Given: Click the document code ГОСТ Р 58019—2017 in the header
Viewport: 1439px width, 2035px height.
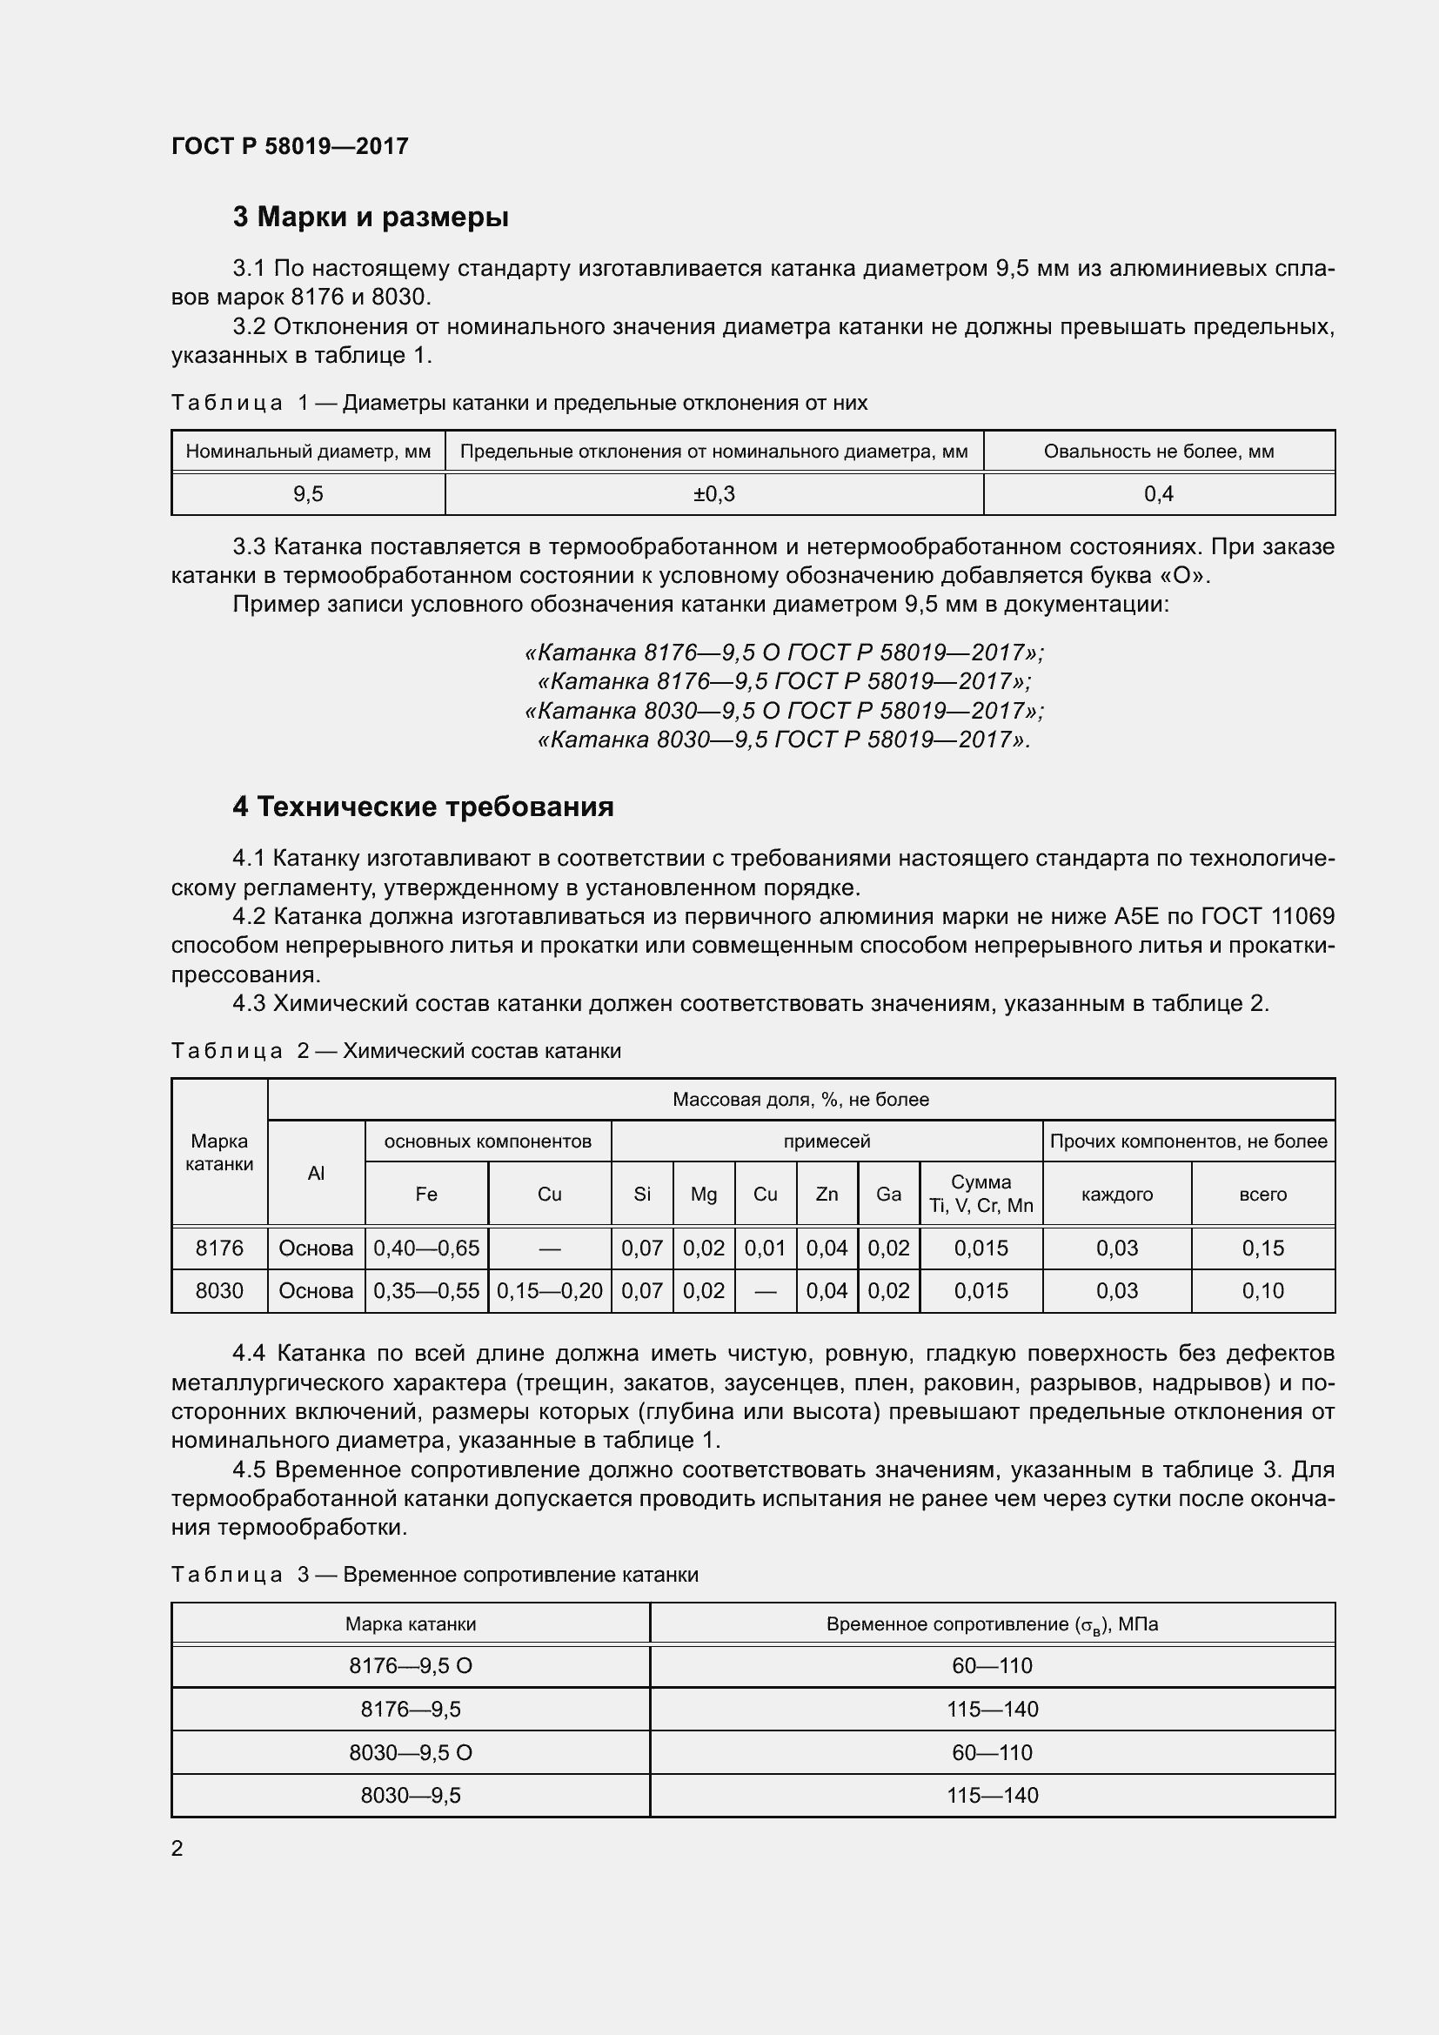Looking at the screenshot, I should pyautogui.click(x=290, y=146).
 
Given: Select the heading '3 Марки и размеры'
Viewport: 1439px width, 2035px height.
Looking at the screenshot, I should pyautogui.click(x=371, y=217).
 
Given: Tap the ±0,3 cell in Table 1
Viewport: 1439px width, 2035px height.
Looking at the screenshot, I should pyautogui.click(x=713, y=494).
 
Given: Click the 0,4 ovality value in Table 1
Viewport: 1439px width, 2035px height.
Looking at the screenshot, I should pyautogui.click(x=1158, y=494).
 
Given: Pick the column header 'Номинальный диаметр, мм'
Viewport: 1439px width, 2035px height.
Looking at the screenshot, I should pyautogui.click(x=307, y=452).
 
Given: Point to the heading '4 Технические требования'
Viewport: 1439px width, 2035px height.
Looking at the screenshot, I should pyautogui.click(x=423, y=807).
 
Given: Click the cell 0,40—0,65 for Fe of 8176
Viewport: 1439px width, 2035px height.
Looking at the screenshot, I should pyautogui.click(x=426, y=1248).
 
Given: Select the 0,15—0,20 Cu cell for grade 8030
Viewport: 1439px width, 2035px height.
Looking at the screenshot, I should pyautogui.click(x=549, y=1290).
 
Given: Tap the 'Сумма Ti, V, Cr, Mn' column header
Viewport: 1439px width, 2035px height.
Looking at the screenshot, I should pyautogui.click(x=981, y=1194).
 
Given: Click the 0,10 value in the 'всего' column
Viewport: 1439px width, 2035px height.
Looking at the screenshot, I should pyautogui.click(x=1262, y=1290).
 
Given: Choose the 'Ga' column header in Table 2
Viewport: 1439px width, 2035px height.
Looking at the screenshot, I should pyautogui.click(x=888, y=1194).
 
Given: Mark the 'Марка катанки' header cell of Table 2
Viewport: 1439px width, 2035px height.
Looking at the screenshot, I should pyautogui.click(x=219, y=1152).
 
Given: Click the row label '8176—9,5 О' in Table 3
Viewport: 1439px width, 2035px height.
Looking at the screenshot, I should pyautogui.click(x=411, y=1665).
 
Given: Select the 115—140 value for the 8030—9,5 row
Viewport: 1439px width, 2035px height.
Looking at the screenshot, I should pyautogui.click(x=992, y=1795).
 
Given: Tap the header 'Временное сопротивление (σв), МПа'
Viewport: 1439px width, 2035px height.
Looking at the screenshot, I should pyautogui.click(x=992, y=1623).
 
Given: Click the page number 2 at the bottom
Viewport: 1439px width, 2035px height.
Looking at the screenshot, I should pyautogui.click(x=177, y=1848).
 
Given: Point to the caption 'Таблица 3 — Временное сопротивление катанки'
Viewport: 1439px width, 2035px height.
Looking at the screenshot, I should pyautogui.click(x=434, y=1574).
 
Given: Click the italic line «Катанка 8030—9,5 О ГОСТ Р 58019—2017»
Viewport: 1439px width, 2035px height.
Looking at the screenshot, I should pyautogui.click(x=784, y=711).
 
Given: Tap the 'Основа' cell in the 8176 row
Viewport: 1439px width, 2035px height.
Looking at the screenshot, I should pyautogui.click(x=316, y=1248).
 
